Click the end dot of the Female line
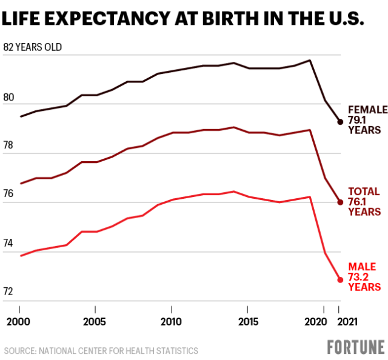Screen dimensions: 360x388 (340, 122)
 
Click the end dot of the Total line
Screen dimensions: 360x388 (340, 202)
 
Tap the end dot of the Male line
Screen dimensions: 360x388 (340, 280)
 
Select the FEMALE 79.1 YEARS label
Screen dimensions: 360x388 (367, 119)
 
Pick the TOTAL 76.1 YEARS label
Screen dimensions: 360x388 (364, 201)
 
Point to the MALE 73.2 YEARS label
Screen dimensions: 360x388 (364, 276)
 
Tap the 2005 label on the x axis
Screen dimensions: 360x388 (94, 321)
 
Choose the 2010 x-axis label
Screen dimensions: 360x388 (172, 321)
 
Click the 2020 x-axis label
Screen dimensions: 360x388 (321, 321)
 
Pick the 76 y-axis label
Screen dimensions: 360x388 (9, 195)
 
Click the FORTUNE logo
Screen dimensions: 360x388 (356, 347)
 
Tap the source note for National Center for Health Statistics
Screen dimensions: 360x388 (101, 350)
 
